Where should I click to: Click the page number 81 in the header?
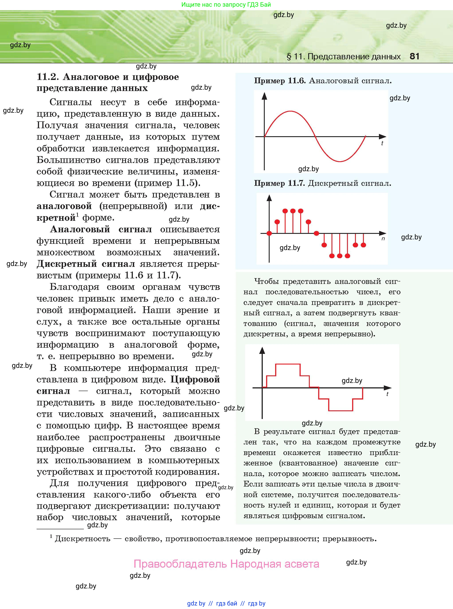414,56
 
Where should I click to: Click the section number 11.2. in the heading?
48,77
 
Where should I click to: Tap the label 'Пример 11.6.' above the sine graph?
280,81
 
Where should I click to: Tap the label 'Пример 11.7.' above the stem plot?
279,183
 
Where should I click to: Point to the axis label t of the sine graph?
382,143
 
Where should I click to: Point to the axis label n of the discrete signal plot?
383,239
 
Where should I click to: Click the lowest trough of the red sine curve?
340,161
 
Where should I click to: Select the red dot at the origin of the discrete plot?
269,233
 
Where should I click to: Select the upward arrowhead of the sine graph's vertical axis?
264,96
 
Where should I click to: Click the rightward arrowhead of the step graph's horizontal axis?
388,388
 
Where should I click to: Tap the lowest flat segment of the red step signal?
341,411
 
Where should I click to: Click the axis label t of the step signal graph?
387,394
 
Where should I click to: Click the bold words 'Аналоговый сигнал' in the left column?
101,229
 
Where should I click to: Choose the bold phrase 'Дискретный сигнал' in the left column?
86,264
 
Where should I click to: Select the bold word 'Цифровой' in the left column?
195,380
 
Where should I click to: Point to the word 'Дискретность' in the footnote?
82,539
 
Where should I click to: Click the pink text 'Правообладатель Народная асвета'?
227,564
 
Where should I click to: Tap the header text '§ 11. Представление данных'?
344,57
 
